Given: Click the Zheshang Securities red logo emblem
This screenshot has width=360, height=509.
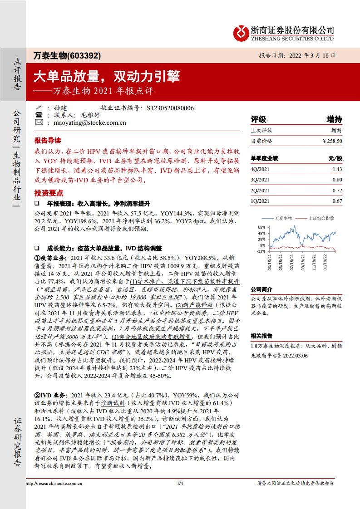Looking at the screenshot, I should click(x=241, y=32).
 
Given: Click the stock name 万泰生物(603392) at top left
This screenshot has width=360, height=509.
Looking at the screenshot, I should click(x=67, y=56).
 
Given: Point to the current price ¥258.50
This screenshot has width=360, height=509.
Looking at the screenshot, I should click(x=332, y=141).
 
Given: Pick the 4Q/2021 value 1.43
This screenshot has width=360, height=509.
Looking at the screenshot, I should click(x=337, y=169).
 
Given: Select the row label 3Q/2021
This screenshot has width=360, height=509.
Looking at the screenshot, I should click(x=260, y=180).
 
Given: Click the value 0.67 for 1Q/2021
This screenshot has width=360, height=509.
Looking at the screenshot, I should click(x=337, y=201).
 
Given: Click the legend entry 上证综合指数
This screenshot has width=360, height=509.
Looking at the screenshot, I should click(x=321, y=218).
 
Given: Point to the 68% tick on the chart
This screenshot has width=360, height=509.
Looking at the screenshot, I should click(x=261, y=227).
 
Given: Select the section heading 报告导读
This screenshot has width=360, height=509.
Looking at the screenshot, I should click(x=47, y=140).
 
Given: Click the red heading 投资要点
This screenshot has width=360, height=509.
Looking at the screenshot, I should click(x=47, y=192).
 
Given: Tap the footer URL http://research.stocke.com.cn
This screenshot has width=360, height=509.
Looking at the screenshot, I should click(x=54, y=484).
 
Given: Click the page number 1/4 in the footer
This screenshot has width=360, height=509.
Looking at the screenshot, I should click(x=180, y=484).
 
